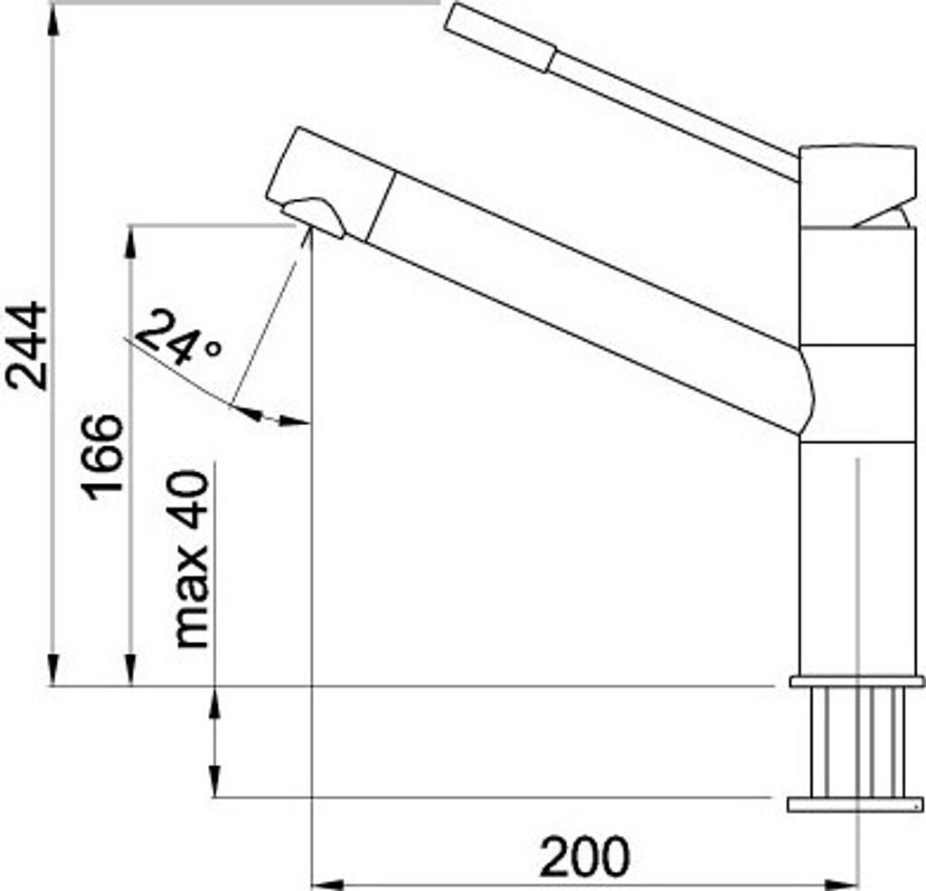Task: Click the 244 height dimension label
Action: pyautogui.click(x=26, y=346)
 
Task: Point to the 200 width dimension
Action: pyautogui.click(x=584, y=857)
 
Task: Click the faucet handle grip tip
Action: pyautogui.click(x=499, y=36)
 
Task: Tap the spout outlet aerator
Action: pyautogui.click(x=314, y=217)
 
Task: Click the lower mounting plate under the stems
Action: pyautogui.click(x=855, y=804)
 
